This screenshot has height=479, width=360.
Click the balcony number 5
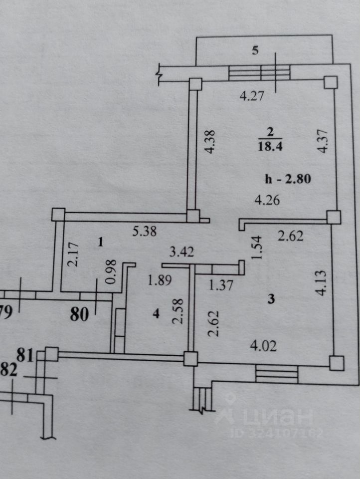click(255, 50)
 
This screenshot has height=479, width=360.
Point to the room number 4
click(156, 314)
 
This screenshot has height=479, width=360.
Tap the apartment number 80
click(79, 314)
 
